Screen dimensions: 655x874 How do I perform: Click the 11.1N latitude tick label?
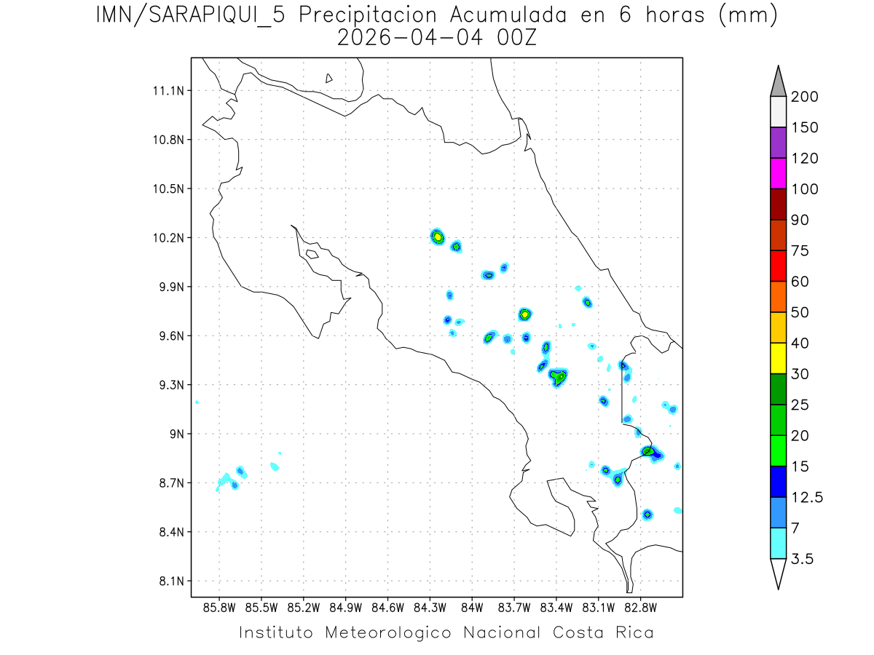click(167, 91)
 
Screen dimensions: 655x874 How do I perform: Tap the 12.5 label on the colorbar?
click(807, 497)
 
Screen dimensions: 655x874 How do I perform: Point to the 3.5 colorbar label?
click(803, 559)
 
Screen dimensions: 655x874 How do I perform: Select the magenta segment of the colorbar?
click(778, 173)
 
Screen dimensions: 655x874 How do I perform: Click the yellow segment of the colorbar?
click(778, 358)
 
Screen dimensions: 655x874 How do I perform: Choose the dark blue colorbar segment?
click(778, 481)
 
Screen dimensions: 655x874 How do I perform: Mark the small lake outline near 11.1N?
click(329, 78)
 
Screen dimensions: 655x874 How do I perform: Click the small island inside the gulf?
click(312, 254)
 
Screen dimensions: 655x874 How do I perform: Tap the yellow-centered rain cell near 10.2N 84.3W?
click(437, 236)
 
